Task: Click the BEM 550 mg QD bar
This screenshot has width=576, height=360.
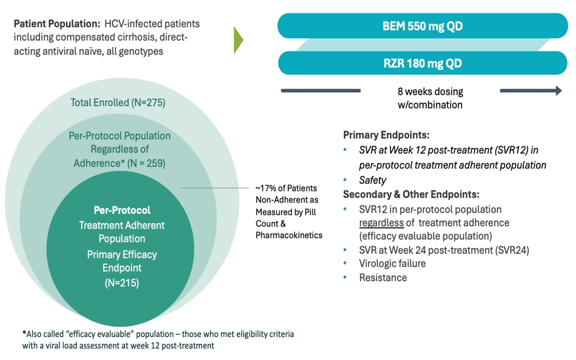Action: tap(423, 26)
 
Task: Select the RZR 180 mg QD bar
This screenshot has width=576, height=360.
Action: tap(423, 63)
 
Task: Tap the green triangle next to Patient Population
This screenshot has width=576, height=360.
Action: tap(238, 39)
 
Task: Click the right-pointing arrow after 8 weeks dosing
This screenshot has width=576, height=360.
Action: tap(531, 92)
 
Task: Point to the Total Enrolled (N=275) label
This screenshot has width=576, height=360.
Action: tap(118, 102)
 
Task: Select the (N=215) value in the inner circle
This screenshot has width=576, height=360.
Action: tap(121, 282)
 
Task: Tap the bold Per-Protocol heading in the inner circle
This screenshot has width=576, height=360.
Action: tap(122, 210)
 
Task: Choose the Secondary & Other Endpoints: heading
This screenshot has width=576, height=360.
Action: tap(411, 195)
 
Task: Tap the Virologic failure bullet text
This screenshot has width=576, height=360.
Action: tap(392, 264)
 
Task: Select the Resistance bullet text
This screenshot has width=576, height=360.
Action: tap(383, 278)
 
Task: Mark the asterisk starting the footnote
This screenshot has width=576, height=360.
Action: tap(24, 334)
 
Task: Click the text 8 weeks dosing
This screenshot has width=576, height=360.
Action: tap(430, 92)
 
